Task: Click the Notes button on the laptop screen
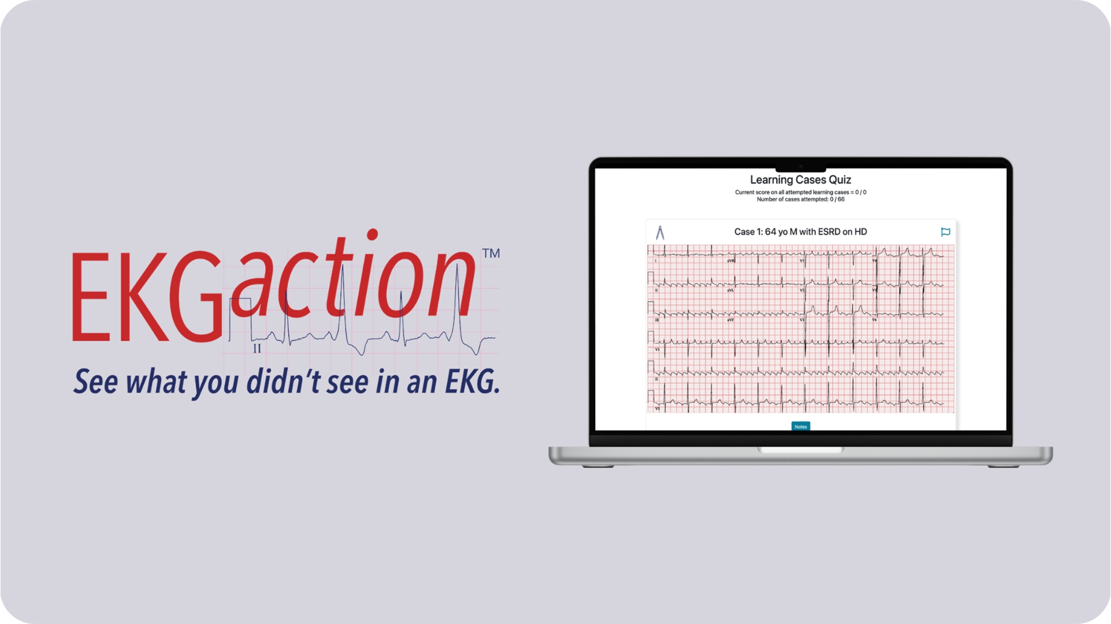point(800,427)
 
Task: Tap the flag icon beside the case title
point(945,232)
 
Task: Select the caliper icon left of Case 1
point(660,232)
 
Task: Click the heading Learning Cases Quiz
point(800,180)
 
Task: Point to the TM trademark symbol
point(491,253)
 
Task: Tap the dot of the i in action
point(372,234)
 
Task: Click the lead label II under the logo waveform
point(257,349)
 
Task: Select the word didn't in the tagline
point(283,382)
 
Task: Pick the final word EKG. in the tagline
point(472,382)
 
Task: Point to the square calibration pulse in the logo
point(240,317)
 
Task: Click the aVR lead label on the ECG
point(731,261)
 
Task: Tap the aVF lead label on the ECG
point(730,320)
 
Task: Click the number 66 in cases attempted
point(841,200)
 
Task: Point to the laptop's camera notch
point(800,167)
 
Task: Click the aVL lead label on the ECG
point(730,290)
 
